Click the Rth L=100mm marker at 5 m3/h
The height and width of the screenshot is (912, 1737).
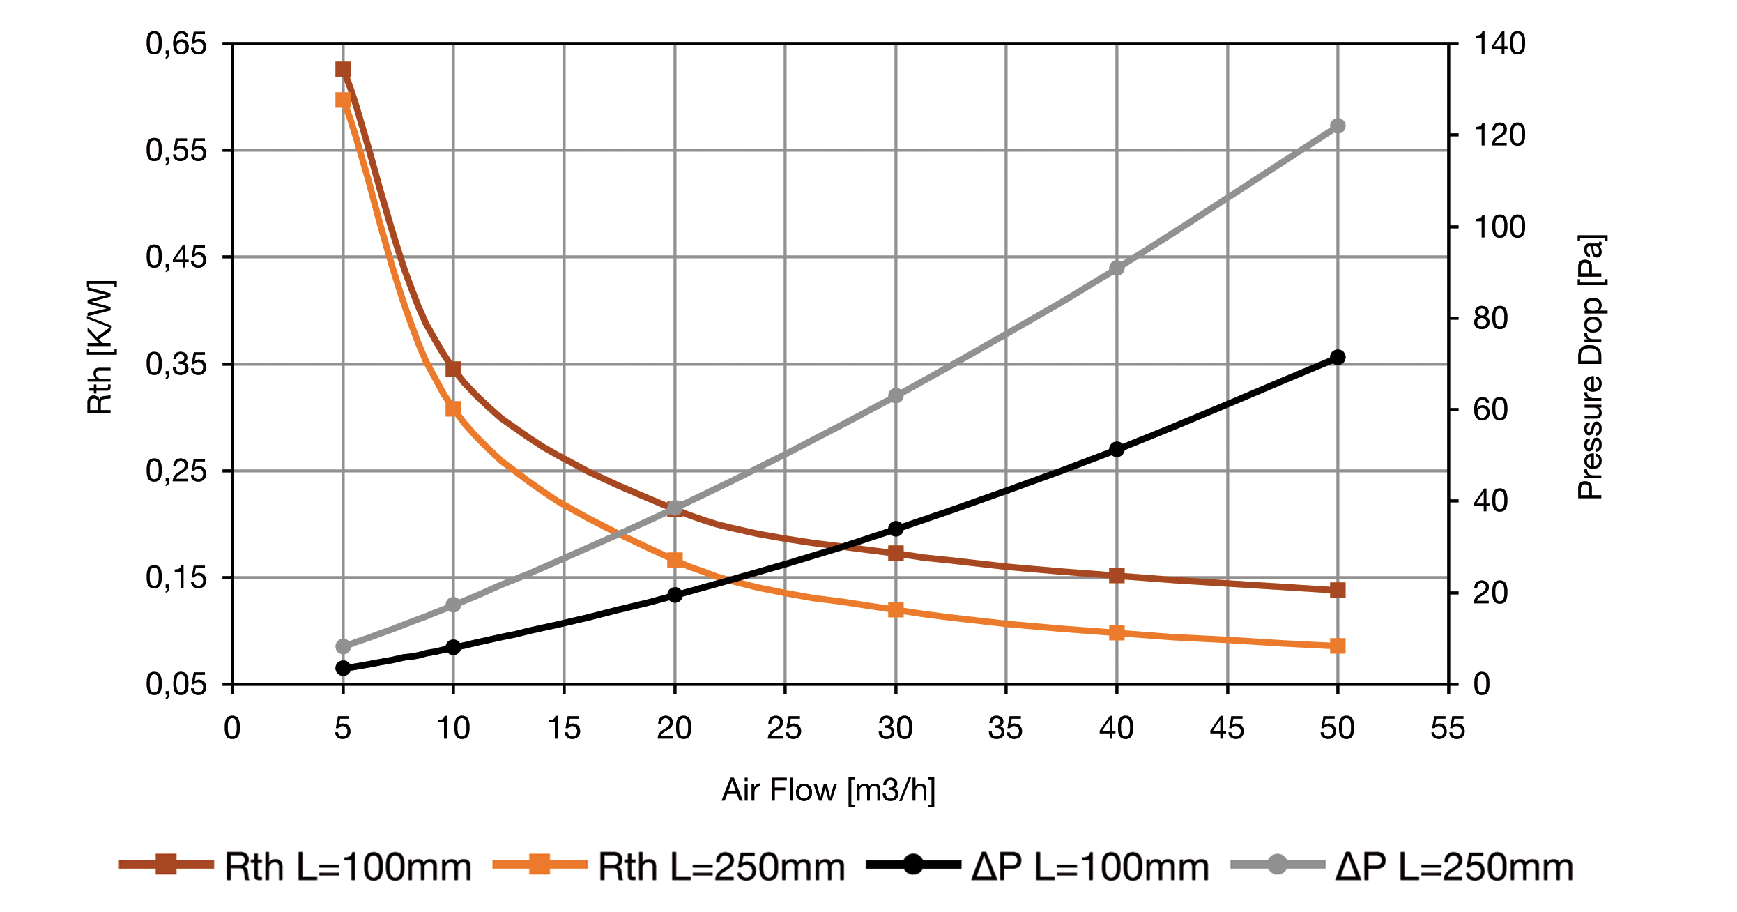pyautogui.click(x=343, y=70)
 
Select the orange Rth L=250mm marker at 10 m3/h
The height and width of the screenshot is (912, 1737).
pyautogui.click(x=453, y=409)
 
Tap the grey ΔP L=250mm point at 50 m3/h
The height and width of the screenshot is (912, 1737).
pyautogui.click(x=1338, y=126)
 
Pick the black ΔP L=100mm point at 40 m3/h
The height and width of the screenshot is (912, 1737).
pyautogui.click(x=1117, y=450)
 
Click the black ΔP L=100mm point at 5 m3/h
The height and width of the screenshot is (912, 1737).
pyautogui.click(x=343, y=668)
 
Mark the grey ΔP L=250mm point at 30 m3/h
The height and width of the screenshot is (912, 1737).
pyautogui.click(x=896, y=396)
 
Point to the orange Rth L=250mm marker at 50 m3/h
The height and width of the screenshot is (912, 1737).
pyautogui.click(x=1338, y=646)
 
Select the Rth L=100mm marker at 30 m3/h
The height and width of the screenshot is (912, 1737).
pyautogui.click(x=896, y=554)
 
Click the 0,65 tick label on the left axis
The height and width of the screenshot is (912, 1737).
pyautogui.click(x=176, y=44)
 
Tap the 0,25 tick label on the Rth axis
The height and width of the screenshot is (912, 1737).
pyautogui.click(x=176, y=471)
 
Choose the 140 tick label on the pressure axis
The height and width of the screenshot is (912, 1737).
pyautogui.click(x=1499, y=44)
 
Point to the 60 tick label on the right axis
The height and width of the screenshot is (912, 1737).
pyautogui.click(x=1490, y=410)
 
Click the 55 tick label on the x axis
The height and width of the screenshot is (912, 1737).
pyautogui.click(x=1448, y=729)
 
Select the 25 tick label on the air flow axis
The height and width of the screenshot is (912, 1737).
pyautogui.click(x=784, y=729)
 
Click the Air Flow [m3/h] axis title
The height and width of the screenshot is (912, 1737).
pyautogui.click(x=828, y=790)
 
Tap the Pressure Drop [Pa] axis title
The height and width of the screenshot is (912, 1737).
pyautogui.click(x=1591, y=367)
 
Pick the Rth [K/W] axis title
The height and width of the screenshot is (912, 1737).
pyautogui.click(x=100, y=347)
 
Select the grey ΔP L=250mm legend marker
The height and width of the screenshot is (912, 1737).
pyautogui.click(x=1277, y=865)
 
